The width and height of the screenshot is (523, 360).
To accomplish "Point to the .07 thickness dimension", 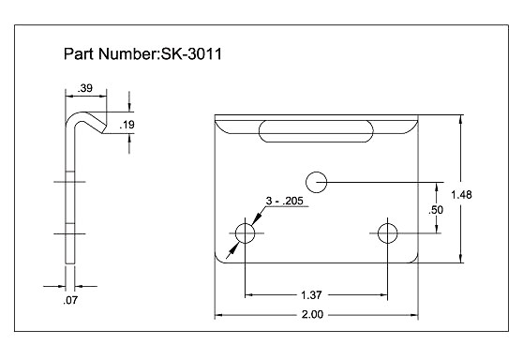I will tap(69, 301).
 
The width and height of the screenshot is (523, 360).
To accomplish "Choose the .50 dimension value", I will tap(436, 210).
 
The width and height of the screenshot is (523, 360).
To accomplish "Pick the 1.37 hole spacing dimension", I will tap(316, 296).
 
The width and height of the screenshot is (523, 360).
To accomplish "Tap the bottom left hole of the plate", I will tap(245, 233).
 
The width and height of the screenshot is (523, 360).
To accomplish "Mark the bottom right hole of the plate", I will tap(387, 233).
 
